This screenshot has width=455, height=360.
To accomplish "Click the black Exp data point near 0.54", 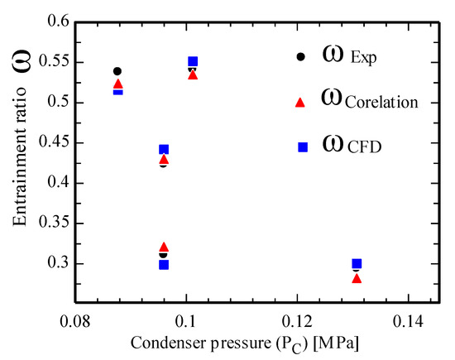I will [117, 71].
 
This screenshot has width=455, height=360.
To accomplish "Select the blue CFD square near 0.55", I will [193, 61].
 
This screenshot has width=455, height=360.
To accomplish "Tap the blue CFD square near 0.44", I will [164, 150].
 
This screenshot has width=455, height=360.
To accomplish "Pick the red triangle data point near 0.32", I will [164, 247].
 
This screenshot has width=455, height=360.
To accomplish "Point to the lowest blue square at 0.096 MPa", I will [164, 265].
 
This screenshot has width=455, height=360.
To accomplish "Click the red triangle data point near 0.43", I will [164, 159].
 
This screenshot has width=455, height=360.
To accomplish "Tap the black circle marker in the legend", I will [302, 57].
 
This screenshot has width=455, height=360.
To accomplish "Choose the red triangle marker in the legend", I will [302, 102].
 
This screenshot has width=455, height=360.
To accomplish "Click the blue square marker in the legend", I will [302, 146].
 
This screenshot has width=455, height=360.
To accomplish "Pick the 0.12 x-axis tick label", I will [297, 319].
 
